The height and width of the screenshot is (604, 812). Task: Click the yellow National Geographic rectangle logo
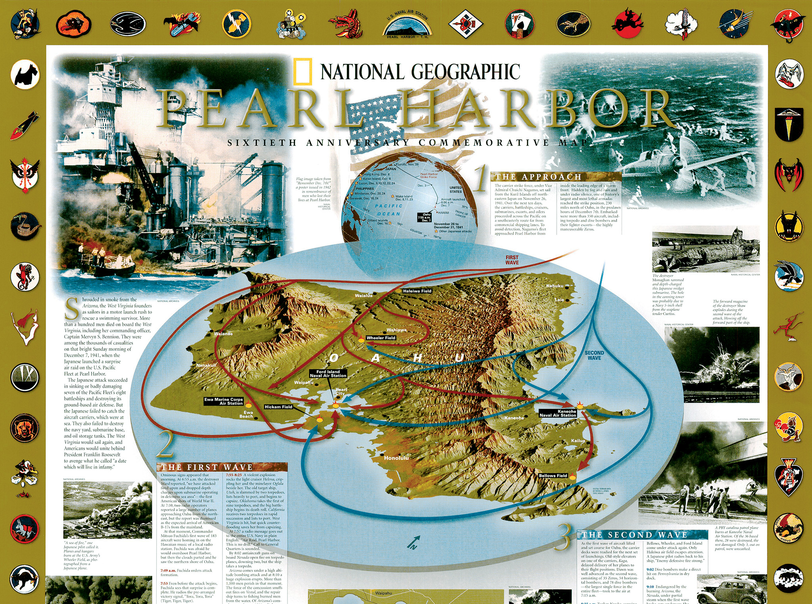point(303,71)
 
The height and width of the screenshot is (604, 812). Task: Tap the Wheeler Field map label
point(381,338)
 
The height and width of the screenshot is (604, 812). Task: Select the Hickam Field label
point(278,407)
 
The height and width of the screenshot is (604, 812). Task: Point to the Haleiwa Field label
point(417,291)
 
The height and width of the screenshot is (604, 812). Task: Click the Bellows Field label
point(553,475)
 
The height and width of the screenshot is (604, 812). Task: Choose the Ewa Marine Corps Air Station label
point(224,401)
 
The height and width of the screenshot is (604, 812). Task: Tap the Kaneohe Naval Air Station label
point(558,413)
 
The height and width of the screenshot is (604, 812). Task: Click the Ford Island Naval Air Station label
point(328,374)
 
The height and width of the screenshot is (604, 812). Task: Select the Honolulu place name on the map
point(396,458)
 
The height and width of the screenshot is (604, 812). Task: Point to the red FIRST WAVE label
point(512,260)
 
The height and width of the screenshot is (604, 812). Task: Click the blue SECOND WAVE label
point(594,355)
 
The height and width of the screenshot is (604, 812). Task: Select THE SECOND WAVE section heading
point(634,535)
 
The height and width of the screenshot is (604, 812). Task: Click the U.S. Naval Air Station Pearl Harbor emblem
point(408,24)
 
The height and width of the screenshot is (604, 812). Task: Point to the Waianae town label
point(223,334)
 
